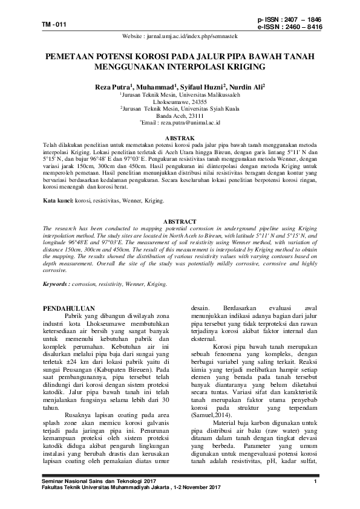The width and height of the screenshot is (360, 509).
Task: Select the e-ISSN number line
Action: click(289, 27)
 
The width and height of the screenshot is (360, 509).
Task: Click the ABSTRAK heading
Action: click(180, 138)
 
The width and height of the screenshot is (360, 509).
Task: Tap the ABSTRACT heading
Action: click(180, 222)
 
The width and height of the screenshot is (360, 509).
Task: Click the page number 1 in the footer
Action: click(315, 481)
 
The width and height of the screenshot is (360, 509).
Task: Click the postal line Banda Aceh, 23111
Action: click(180, 115)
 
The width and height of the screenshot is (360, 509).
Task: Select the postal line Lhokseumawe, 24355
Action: click(180, 102)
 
